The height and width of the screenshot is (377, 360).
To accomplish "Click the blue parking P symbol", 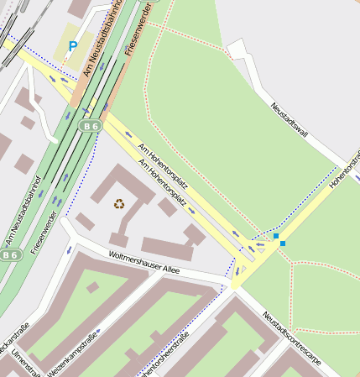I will (x=72, y=46).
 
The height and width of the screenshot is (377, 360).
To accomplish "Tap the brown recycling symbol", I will (x=119, y=202).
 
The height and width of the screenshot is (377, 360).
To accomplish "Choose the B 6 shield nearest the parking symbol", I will (x=90, y=125).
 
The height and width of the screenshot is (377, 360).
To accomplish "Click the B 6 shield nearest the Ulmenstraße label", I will (x=9, y=254).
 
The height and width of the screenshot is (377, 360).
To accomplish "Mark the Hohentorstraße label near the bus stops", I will (x=345, y=169).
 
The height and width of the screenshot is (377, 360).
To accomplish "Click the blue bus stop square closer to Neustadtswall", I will (x=276, y=237).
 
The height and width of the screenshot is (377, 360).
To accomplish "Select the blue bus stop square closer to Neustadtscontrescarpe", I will (x=283, y=243).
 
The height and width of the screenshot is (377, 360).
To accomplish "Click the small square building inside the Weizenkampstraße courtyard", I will (x=92, y=287).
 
